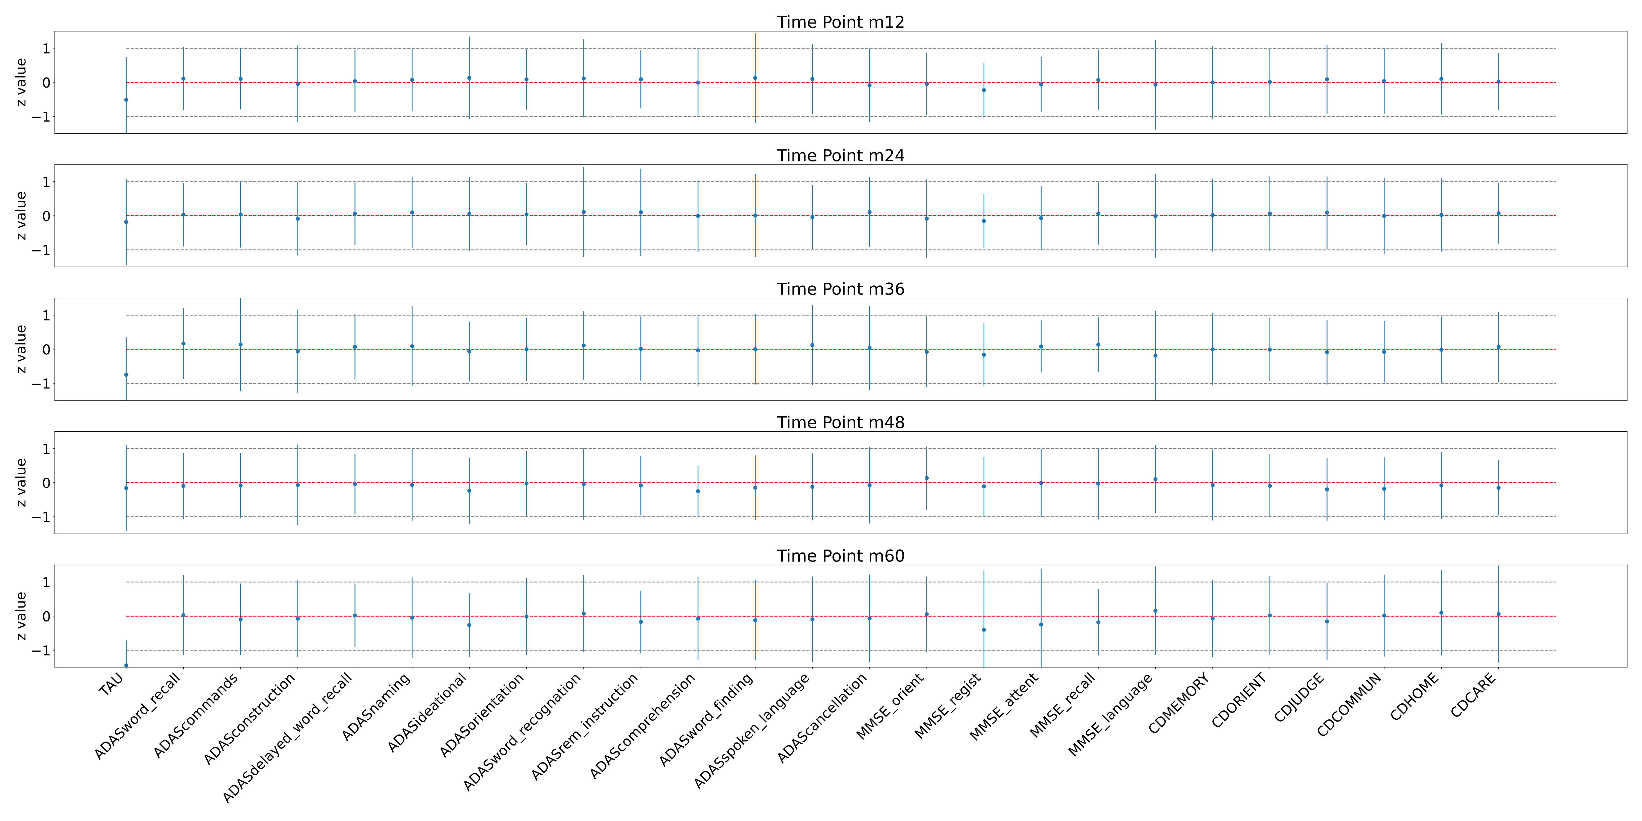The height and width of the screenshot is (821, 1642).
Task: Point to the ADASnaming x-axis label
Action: coord(376,707)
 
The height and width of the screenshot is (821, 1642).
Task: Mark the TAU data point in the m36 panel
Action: coord(126,375)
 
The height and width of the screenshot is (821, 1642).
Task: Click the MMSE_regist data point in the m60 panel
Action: coord(984,630)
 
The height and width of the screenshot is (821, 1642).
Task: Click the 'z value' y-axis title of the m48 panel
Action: coord(21,482)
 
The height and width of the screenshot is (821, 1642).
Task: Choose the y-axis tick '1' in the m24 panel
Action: coord(46,182)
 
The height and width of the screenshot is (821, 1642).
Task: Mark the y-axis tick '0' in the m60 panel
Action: coord(46,616)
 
